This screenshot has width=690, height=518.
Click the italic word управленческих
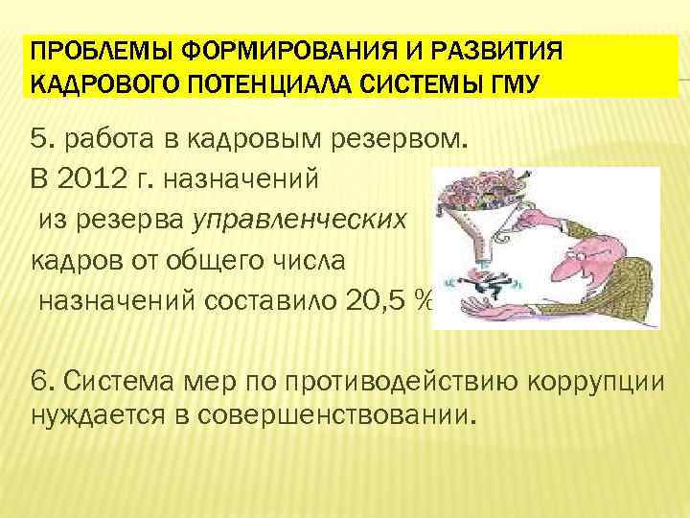click(x=301, y=220)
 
